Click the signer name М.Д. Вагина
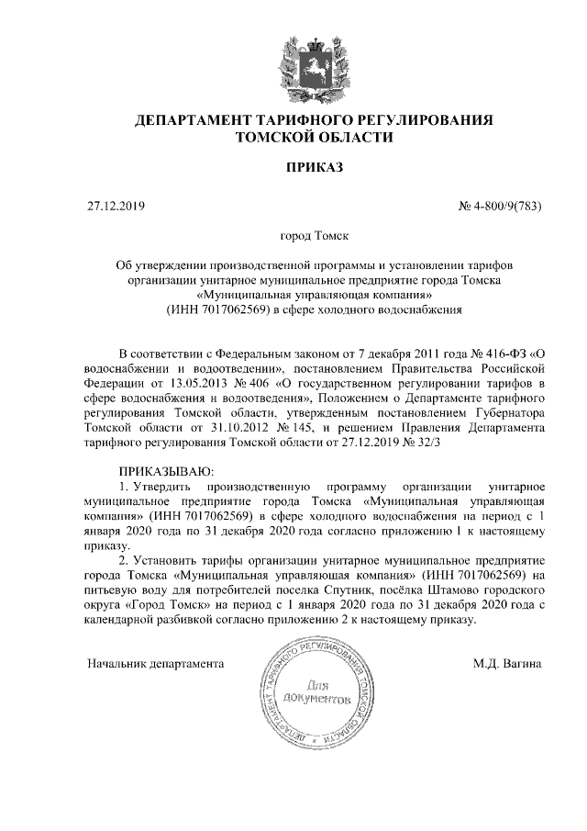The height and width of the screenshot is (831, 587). (506, 662)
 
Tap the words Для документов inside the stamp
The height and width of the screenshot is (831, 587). (316, 691)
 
